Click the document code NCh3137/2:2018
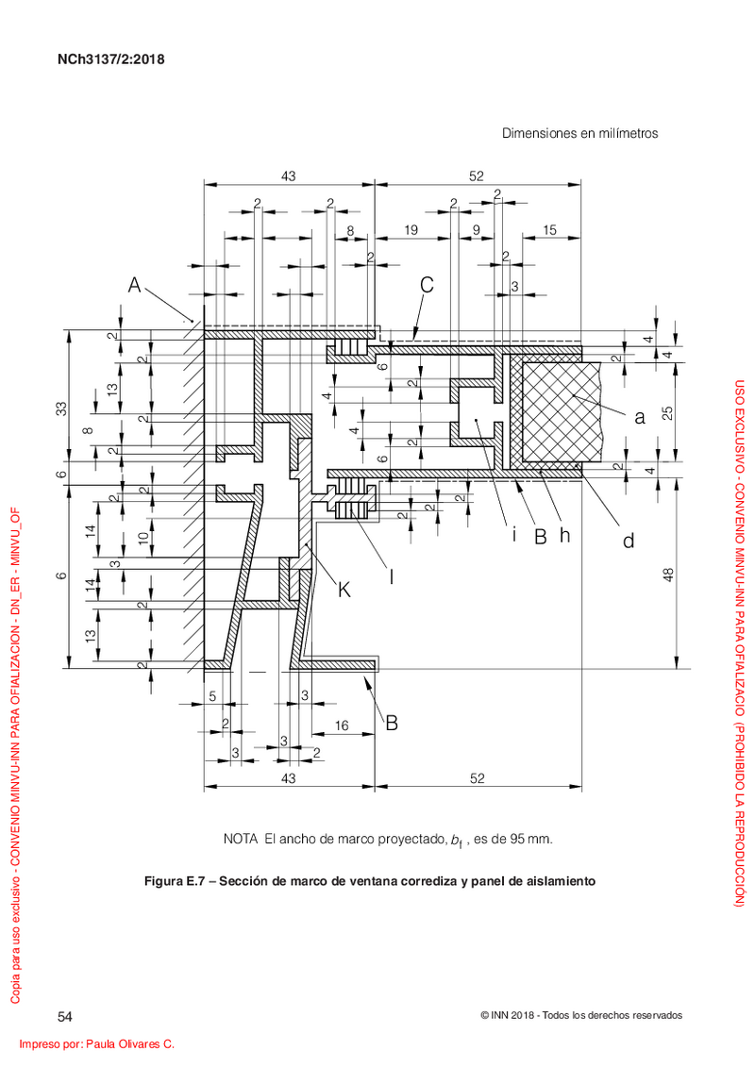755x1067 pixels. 111,59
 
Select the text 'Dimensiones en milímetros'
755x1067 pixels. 580,133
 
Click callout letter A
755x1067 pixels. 135,285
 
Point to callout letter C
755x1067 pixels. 427,285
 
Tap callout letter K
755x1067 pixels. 344,590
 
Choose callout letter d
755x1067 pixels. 629,541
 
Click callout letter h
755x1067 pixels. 565,536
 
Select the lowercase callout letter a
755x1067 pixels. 639,417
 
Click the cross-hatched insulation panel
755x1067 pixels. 560,411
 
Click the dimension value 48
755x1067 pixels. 668,575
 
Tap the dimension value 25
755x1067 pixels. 668,412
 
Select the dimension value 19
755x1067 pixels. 411,230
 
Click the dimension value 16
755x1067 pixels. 342,726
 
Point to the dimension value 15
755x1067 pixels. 549,230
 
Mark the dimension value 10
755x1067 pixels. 143,538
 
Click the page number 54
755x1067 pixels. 65,1017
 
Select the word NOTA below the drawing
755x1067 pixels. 241,839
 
